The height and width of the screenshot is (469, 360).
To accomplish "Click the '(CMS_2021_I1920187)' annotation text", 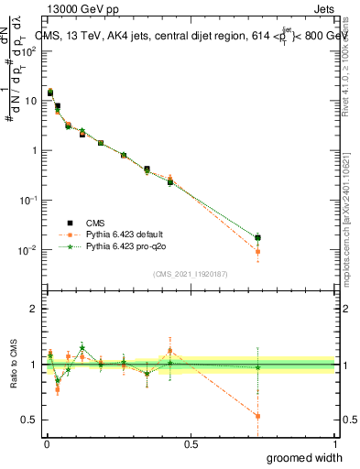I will point(191,274).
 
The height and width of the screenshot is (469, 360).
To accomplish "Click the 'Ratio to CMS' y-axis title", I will point(12,365).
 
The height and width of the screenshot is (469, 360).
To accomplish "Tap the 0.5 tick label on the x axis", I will point(191,443).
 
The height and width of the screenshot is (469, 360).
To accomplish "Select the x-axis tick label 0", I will point(46,443).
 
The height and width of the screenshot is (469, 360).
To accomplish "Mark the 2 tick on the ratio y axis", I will point(34,309).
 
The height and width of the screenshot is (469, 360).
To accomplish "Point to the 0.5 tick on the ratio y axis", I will point(29,420).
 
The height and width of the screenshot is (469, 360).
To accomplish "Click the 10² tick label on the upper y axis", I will point(29,51).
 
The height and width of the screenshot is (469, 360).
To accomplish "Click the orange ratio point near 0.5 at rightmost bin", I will point(257,416).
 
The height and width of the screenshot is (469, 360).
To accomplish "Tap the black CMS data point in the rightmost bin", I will point(257,238).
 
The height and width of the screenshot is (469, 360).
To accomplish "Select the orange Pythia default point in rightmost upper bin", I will point(257,251).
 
